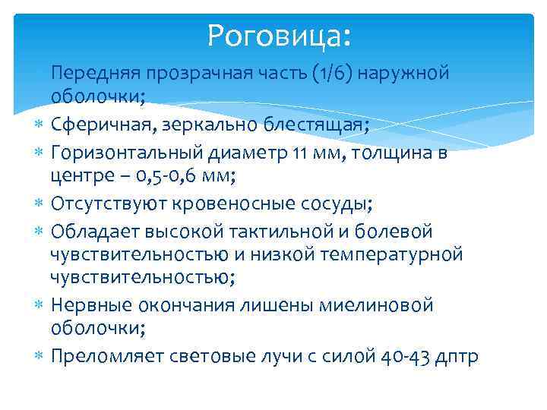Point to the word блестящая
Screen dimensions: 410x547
pos(318,125)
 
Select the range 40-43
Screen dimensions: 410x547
pos(398,357)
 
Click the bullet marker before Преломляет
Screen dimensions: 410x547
pos(39,357)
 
